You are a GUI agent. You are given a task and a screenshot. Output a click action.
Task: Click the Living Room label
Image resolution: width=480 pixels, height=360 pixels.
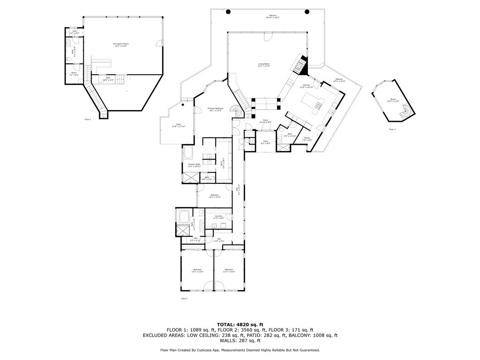264,65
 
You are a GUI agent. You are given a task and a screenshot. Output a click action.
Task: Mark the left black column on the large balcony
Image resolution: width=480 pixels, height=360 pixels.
228,11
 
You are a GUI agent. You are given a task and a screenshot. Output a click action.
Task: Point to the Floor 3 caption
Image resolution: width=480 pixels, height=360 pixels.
392,129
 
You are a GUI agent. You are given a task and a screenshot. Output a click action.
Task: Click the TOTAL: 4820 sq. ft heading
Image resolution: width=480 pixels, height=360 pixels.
240,324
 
